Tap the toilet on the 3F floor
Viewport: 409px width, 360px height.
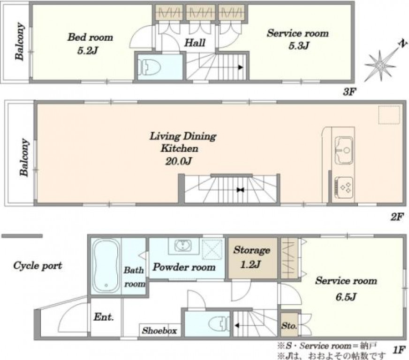(149, 67)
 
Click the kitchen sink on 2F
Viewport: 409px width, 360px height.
(344, 150)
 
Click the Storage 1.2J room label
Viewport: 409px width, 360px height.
(251, 257)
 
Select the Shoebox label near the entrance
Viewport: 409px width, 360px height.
(159, 330)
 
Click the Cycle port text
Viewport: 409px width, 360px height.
(38, 266)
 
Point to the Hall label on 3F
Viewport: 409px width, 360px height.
(195, 43)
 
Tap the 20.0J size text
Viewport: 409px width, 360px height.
(179, 161)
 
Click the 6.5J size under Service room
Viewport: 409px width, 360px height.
(346, 297)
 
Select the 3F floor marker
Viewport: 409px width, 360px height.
(349, 91)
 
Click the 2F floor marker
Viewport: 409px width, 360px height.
(397, 217)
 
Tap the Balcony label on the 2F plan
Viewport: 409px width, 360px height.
(24, 157)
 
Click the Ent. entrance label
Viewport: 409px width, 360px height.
(104, 317)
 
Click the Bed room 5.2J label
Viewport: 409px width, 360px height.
(90, 44)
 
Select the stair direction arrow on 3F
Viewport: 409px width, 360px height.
(241, 67)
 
